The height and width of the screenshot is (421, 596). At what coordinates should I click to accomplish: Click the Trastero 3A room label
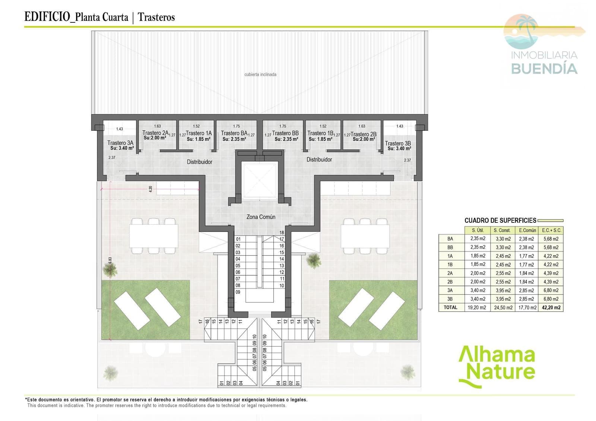pos(120,143)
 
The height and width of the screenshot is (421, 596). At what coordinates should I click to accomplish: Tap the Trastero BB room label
pos(285,133)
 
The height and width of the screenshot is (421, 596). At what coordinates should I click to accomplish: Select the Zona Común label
pos(261,217)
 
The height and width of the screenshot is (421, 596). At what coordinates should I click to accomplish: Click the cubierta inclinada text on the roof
pos(260,75)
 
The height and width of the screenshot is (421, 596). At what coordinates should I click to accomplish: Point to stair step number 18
pos(282,232)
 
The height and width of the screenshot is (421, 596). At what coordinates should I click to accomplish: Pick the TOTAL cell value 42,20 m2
pos(551,308)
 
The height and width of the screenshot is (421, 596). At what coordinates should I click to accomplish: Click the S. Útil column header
pos(478,230)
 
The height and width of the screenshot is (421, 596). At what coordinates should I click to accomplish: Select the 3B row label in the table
pos(450,299)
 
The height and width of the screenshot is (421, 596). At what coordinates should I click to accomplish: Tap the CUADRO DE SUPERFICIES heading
pos(500,221)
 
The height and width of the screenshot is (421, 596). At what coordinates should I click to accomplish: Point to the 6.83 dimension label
pos(110,260)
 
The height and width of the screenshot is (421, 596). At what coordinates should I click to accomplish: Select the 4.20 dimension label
pos(150,189)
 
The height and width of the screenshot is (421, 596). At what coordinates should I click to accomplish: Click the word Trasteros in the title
pos(156,17)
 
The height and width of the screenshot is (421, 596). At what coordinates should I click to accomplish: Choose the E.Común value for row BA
pos(526,239)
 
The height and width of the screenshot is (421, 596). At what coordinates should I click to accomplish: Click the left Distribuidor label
pos(200,162)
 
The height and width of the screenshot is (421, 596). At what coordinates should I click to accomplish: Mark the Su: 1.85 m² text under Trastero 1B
pos(320,139)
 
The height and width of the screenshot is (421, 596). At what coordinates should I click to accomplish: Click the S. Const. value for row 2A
pos(503,273)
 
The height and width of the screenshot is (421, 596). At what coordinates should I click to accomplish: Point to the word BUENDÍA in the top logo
pos(544,69)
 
